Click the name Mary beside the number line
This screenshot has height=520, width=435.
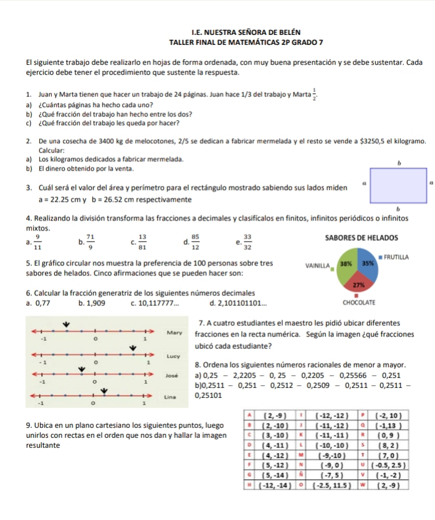(x=176, y=333)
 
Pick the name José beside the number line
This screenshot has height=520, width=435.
(x=175, y=377)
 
